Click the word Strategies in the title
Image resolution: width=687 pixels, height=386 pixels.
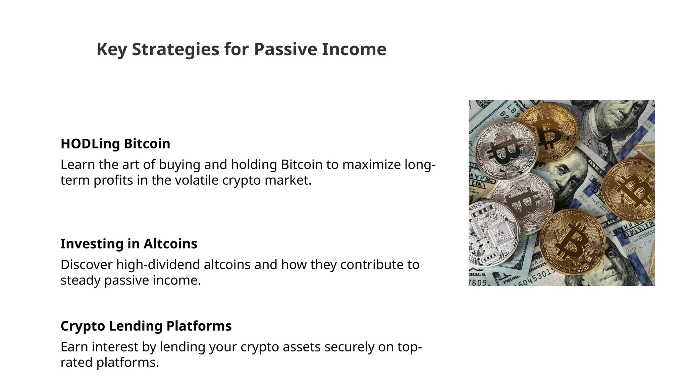pyautogui.click(x=175, y=49)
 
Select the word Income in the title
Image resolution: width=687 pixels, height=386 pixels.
pyautogui.click(x=354, y=49)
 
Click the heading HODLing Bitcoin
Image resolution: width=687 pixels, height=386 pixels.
pyautogui.click(x=115, y=144)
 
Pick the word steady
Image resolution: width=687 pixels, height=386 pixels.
pyautogui.click(x=81, y=280)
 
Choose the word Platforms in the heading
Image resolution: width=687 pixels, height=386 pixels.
pyautogui.click(x=199, y=326)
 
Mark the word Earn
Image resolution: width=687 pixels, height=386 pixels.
pyautogui.click(x=74, y=347)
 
